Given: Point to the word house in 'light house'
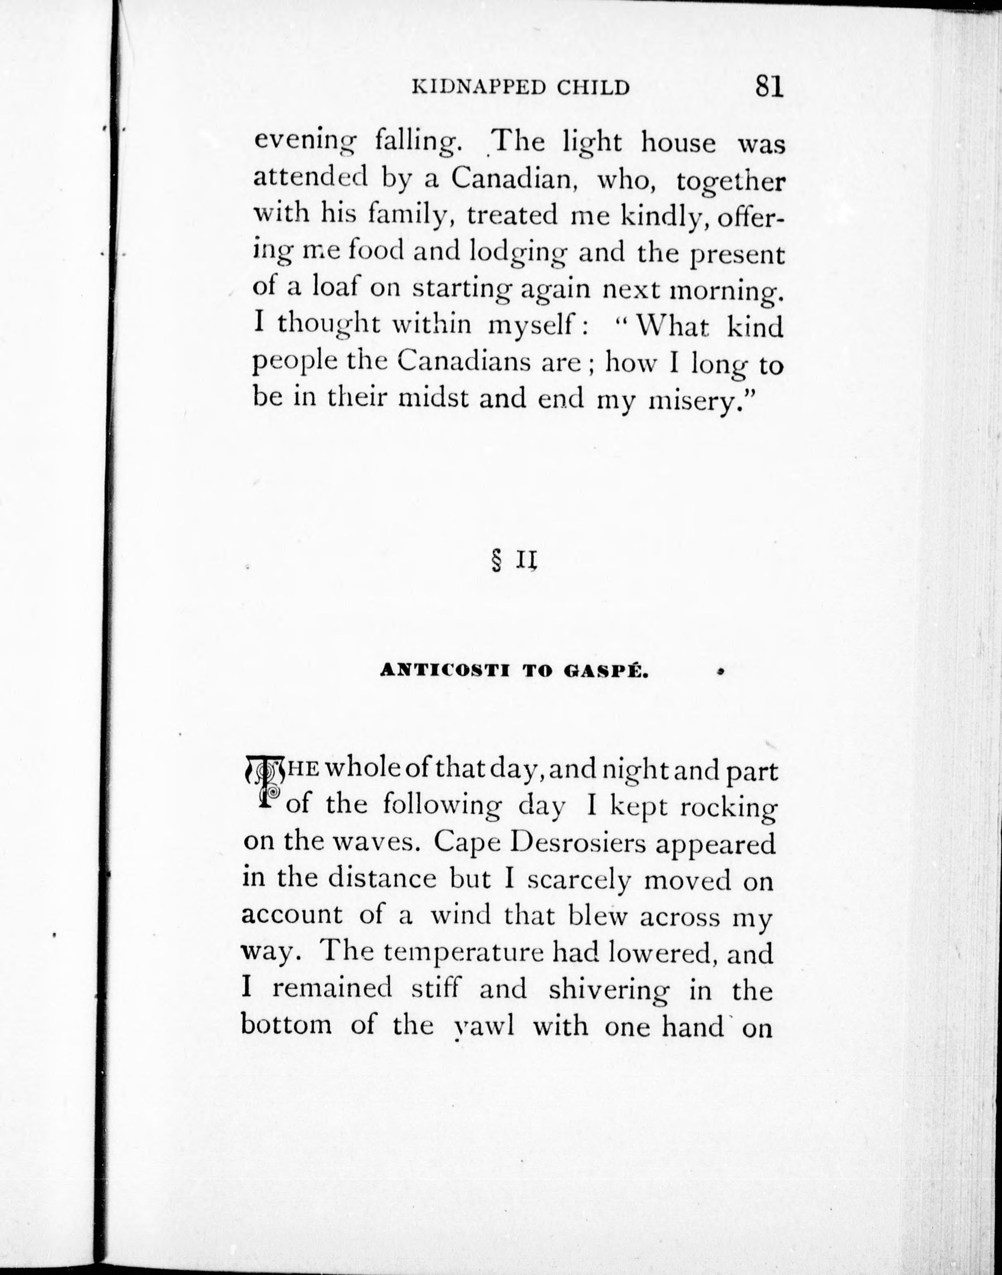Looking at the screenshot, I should pos(678,143).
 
